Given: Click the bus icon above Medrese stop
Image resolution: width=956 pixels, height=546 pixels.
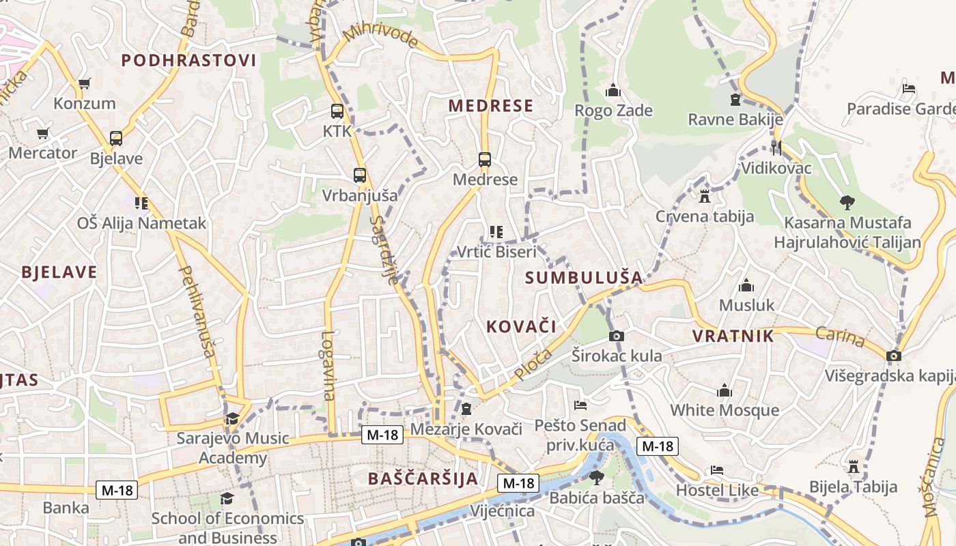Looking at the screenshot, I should point(485,160).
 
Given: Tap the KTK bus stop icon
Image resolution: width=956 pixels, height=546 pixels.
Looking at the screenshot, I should point(337,111).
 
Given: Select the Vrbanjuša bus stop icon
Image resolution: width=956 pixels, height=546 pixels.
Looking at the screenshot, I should point(360,175).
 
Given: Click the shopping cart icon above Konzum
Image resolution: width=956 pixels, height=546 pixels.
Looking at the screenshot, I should point(84,84).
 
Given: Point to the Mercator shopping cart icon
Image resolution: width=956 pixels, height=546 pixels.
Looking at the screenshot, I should point(43,133).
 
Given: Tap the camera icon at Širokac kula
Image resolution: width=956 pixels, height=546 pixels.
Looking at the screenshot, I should point(616,336).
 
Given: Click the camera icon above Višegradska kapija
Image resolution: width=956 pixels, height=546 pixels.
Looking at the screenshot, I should point(893,356).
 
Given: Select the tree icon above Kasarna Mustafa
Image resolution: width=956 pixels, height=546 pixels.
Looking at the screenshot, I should point(847,202).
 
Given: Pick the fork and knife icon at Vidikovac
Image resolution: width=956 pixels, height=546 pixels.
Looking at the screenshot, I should point(776,147).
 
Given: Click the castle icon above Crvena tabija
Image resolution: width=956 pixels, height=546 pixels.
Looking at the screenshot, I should point(705,197).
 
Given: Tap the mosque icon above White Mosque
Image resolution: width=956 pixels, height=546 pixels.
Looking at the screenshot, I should point(725,390).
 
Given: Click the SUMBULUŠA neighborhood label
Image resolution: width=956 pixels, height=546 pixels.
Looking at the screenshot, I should point(585,278).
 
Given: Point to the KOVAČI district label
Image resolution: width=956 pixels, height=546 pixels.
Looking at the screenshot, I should point(521,326).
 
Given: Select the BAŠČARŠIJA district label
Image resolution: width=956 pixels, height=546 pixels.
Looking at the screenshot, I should point(423,478).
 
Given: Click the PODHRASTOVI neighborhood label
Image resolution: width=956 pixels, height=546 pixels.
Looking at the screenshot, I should point(189,60).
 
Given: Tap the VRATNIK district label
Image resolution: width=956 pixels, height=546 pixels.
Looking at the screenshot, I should point(733,336).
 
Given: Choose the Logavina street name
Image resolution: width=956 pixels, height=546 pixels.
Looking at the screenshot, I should point(329,365).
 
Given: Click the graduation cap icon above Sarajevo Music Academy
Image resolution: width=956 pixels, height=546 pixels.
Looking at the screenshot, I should point(232,418).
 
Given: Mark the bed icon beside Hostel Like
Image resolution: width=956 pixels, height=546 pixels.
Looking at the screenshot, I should point(716,470).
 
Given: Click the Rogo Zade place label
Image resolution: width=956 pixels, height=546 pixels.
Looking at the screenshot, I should point(613,111).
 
